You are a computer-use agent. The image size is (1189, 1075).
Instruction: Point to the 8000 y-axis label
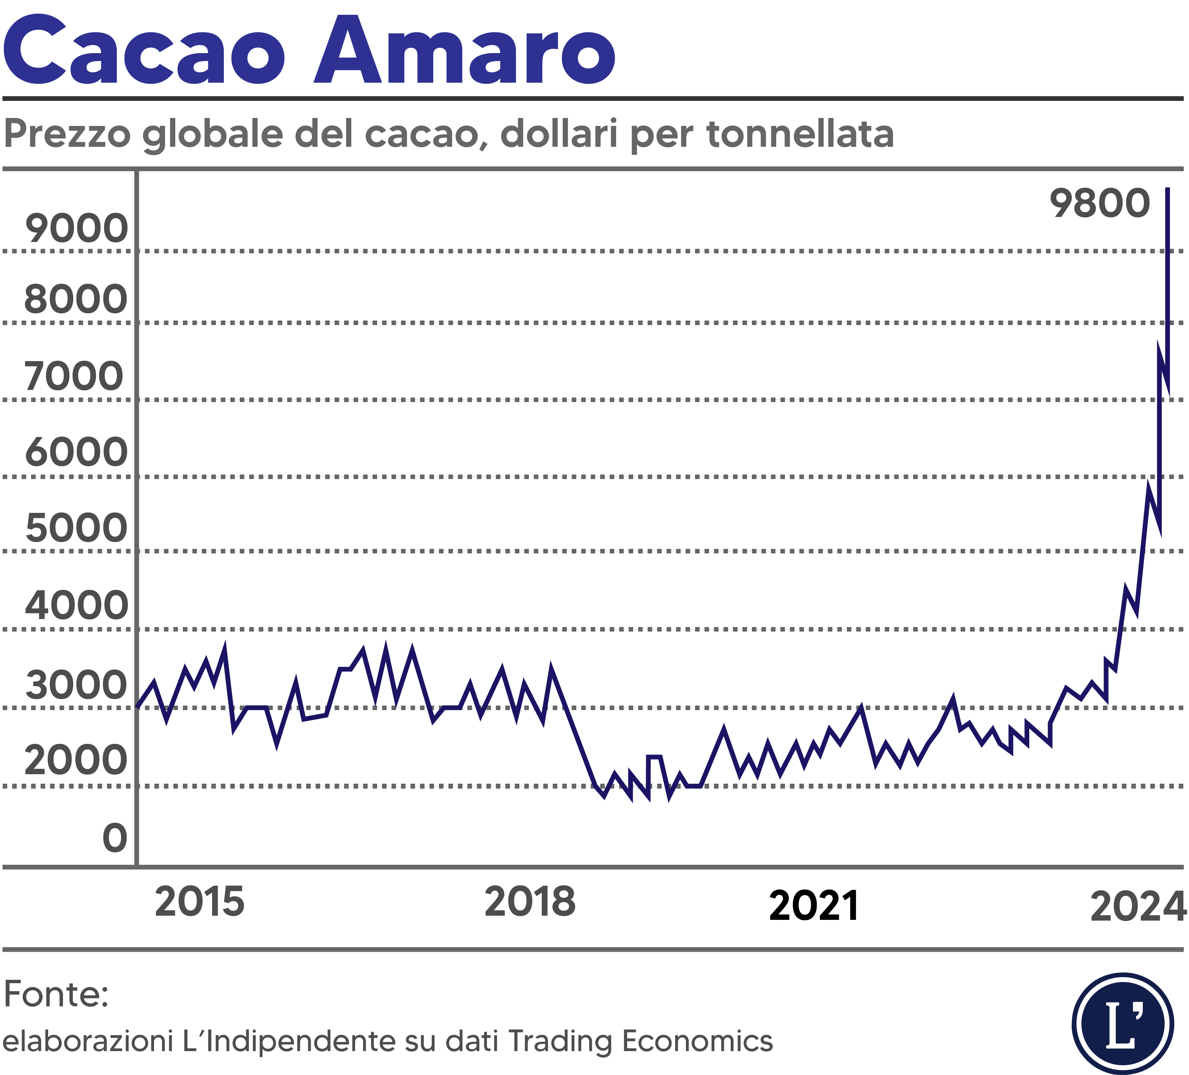click(x=75, y=300)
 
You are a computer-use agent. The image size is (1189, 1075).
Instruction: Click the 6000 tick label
click(x=76, y=453)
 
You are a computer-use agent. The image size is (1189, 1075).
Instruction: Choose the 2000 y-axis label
click(x=75, y=761)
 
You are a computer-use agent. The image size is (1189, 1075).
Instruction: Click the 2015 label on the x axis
click(x=199, y=902)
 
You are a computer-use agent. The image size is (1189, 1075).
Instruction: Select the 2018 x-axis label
click(x=530, y=902)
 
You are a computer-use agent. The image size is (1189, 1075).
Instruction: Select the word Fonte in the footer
click(x=55, y=994)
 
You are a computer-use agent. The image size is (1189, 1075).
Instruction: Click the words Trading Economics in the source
click(x=640, y=1041)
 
